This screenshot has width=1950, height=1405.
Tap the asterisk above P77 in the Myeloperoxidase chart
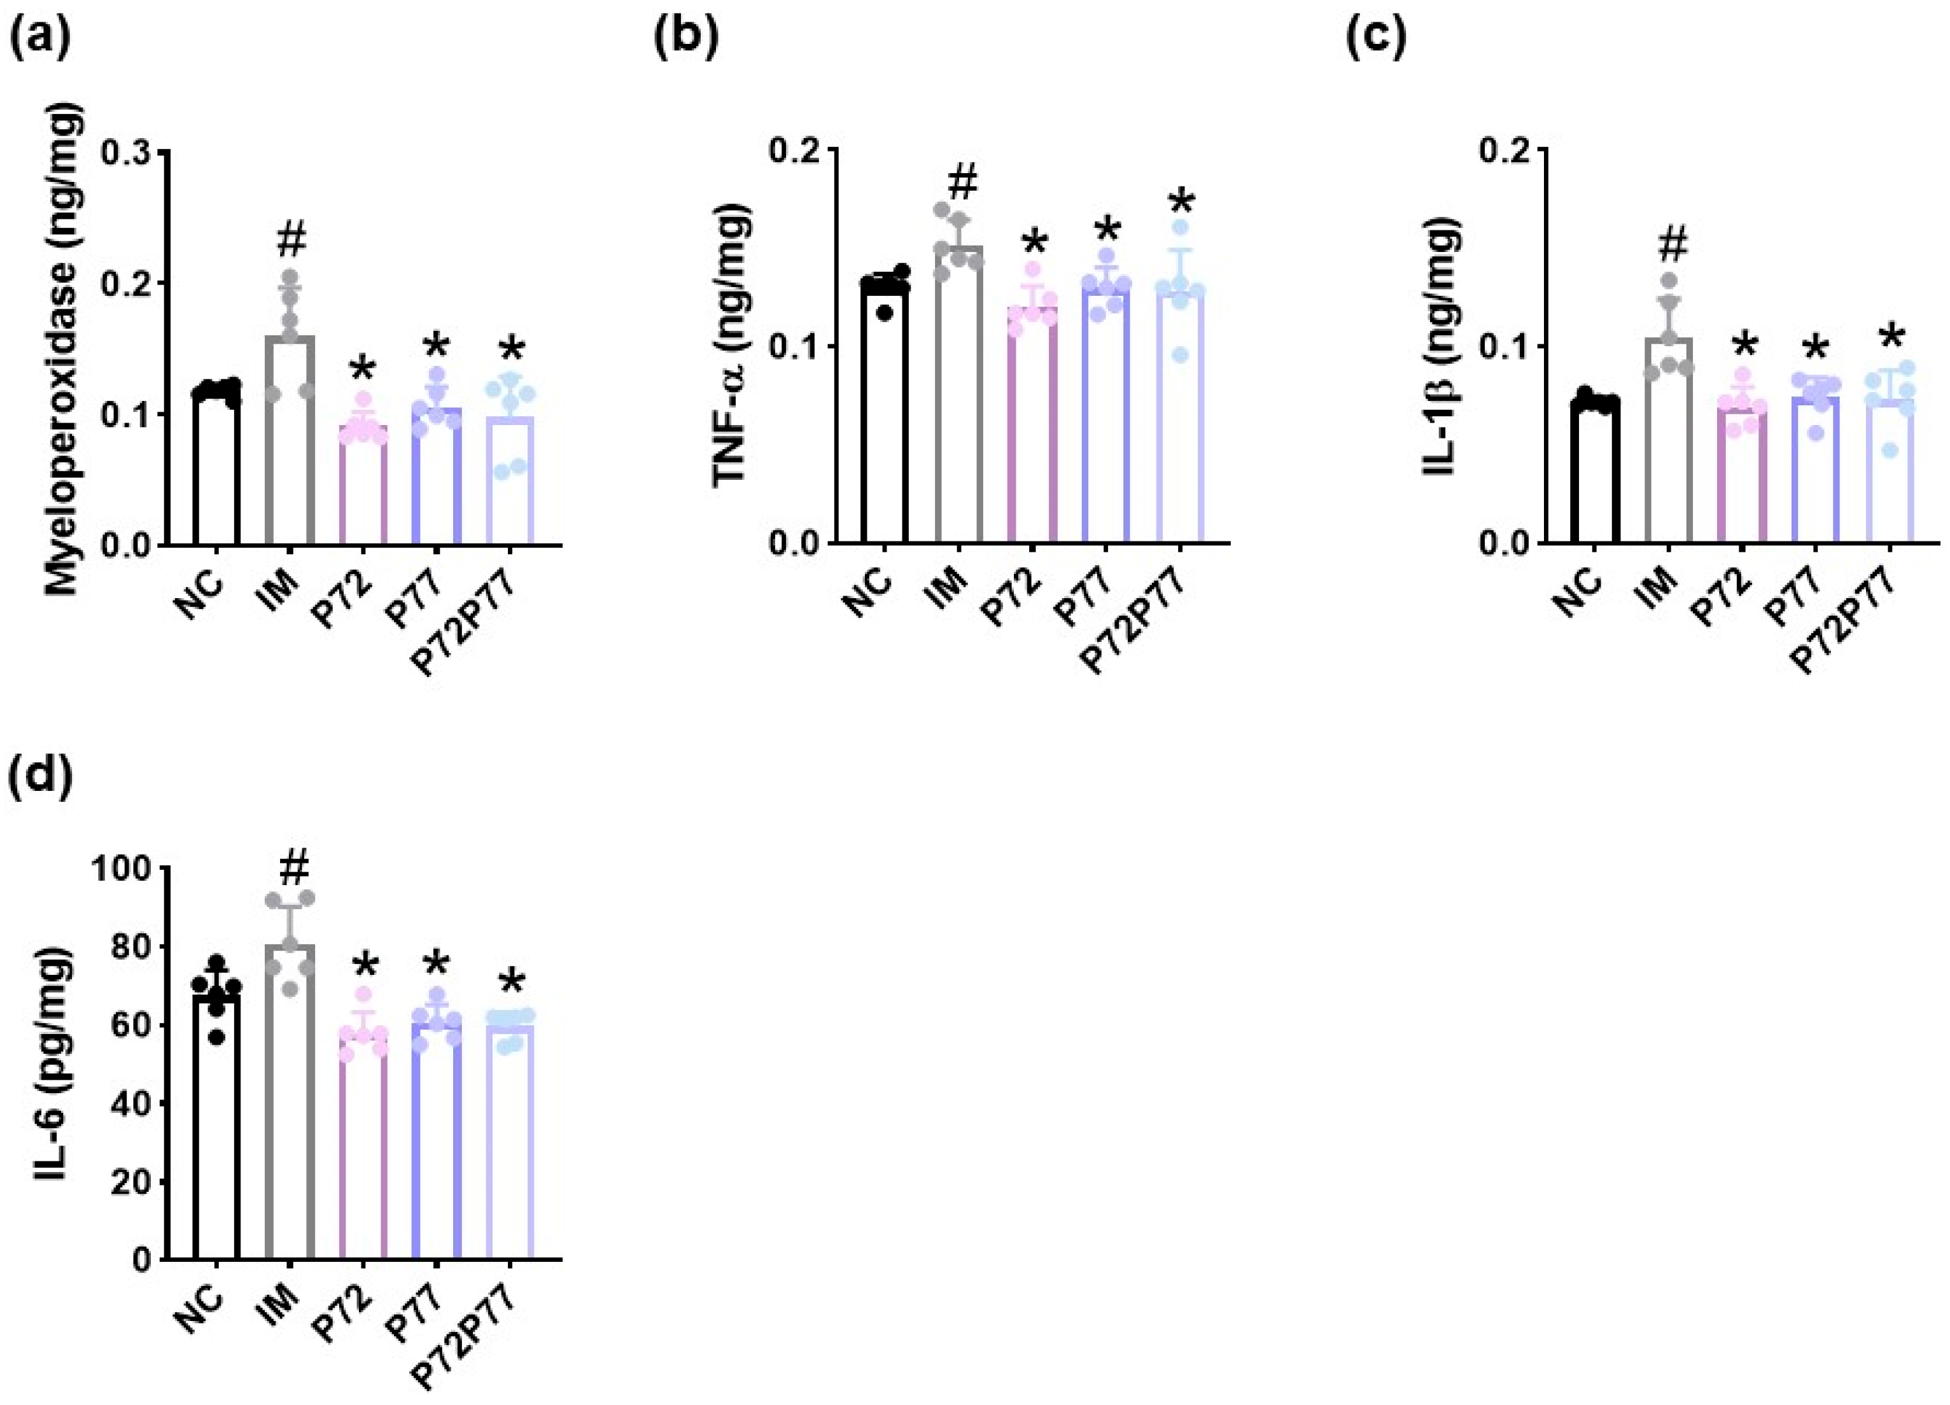(x=436, y=348)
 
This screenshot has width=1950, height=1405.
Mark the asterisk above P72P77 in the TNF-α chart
(x=1181, y=206)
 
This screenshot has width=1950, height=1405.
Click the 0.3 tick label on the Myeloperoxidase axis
(x=127, y=152)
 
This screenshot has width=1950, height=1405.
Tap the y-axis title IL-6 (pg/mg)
(x=54, y=1077)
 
